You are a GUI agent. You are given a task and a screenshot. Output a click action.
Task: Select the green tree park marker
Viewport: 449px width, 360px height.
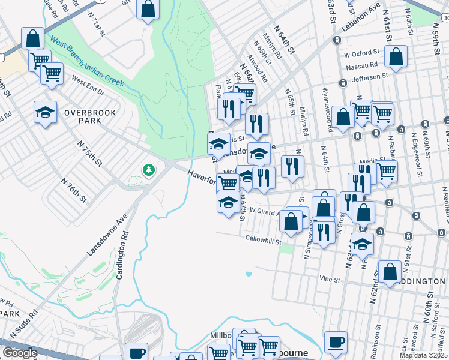148,171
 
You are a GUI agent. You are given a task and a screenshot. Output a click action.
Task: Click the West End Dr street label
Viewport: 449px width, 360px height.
88,85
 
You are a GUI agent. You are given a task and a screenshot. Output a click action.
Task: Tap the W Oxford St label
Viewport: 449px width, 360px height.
362,53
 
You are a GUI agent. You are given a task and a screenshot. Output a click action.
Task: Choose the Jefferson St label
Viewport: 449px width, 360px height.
363,77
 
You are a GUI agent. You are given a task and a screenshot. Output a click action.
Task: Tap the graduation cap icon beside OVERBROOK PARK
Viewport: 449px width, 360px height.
45,112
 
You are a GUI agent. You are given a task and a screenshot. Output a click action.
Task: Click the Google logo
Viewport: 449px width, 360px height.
19,353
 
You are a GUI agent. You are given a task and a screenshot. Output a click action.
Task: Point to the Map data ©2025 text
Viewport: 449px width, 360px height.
424,355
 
